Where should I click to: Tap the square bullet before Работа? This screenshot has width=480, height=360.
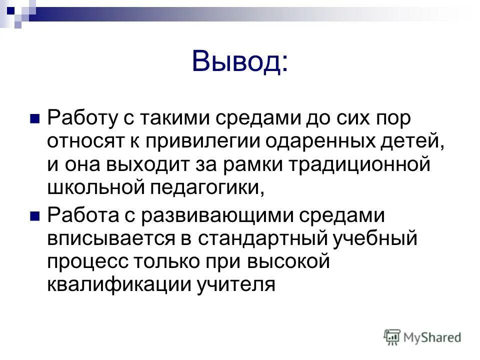(x=35, y=216)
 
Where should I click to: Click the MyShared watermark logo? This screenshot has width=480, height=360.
(x=422, y=337)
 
